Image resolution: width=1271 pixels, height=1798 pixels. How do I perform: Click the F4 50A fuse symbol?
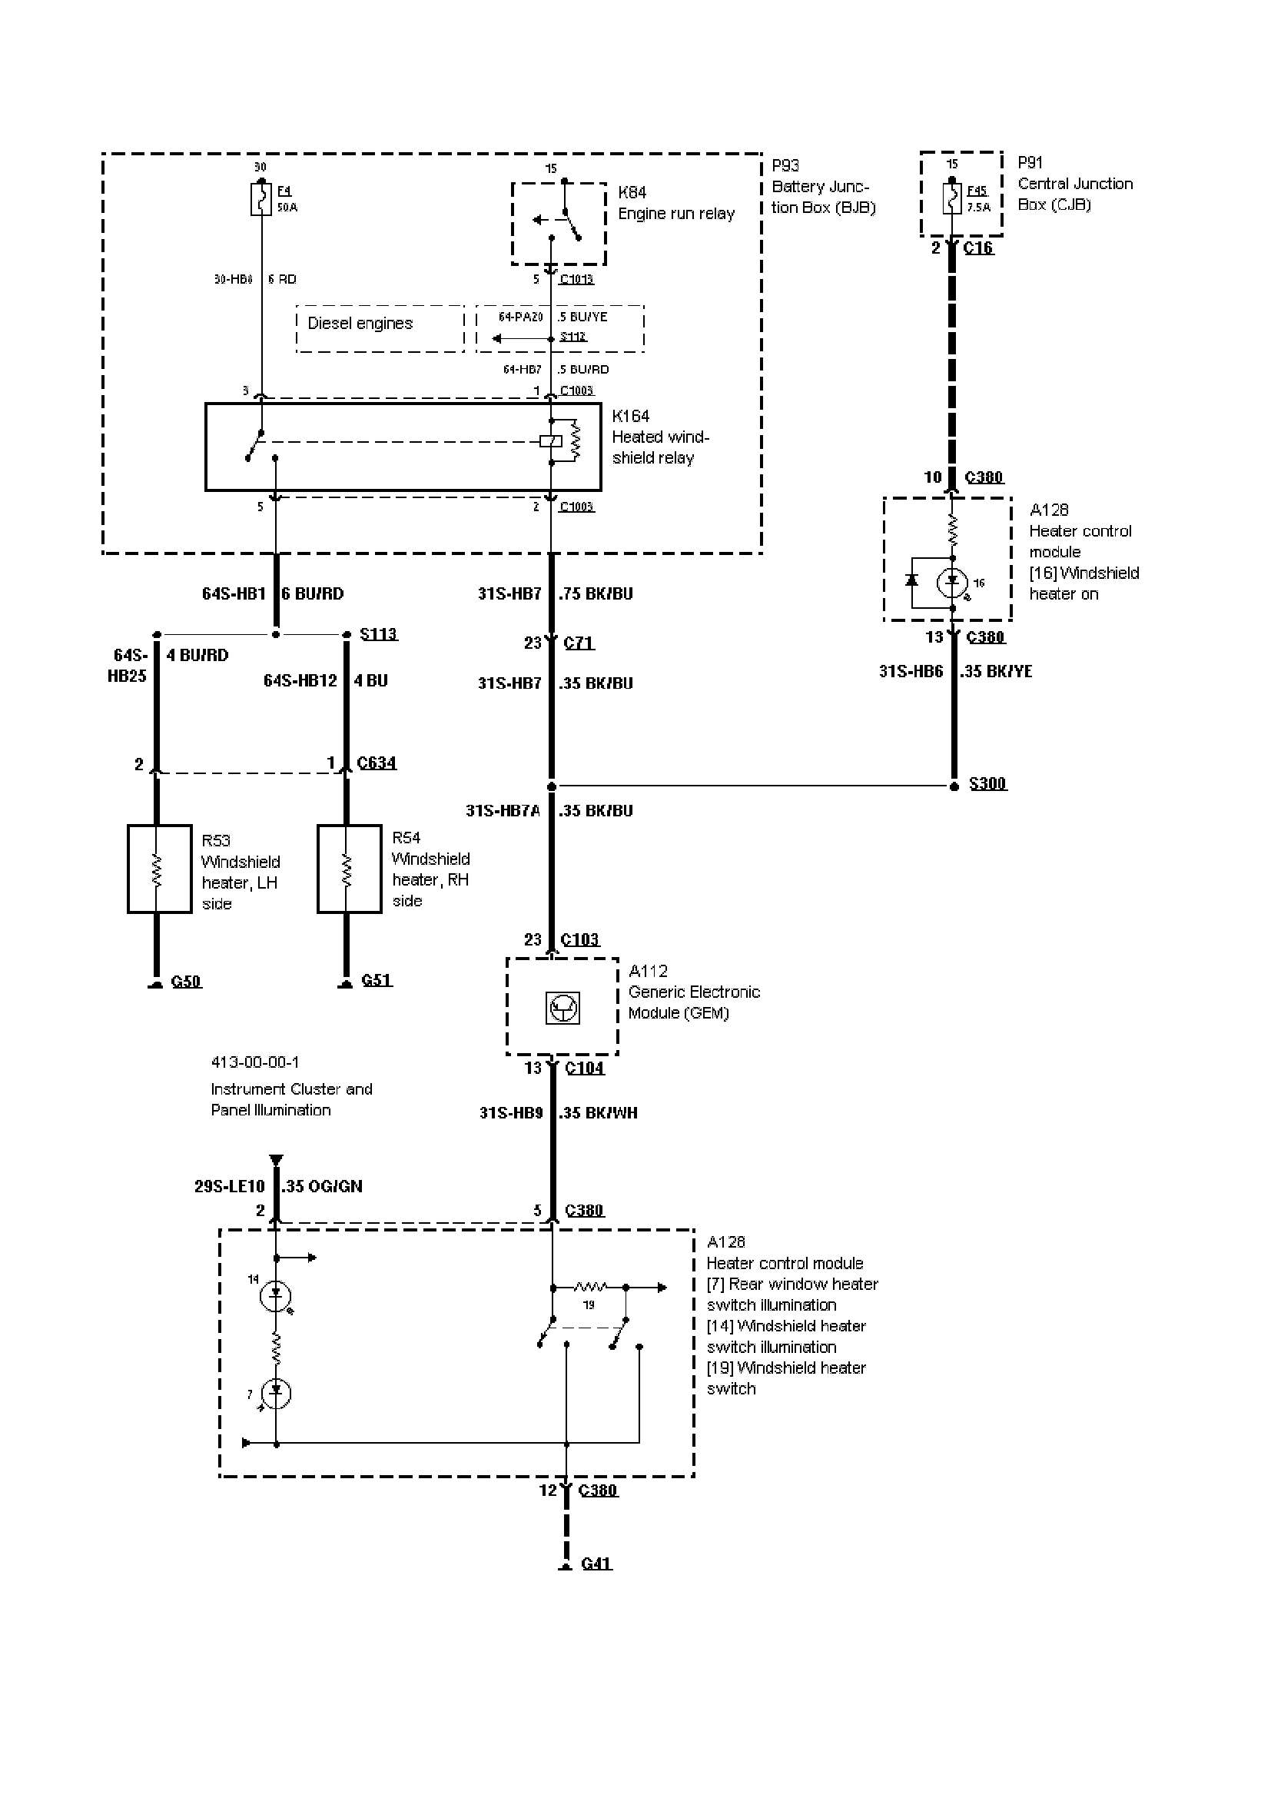pyautogui.click(x=261, y=200)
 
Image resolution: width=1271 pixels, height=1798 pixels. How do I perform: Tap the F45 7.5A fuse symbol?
pyautogui.click(x=951, y=199)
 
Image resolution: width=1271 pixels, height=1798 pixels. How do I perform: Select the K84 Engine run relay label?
pyautogui.click(x=676, y=203)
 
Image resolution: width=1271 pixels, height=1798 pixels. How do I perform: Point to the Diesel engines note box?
pyautogui.click(x=380, y=329)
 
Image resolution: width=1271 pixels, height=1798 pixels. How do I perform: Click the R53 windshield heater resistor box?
pyautogui.click(x=159, y=869)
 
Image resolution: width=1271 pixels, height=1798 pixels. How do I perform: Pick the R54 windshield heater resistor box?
pyautogui.click(x=349, y=869)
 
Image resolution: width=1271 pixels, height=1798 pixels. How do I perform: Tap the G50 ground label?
pyautogui.click(x=186, y=981)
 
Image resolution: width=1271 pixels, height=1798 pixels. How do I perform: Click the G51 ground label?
pyautogui.click(x=377, y=979)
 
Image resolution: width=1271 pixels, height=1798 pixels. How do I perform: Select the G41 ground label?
pyautogui.click(x=596, y=1563)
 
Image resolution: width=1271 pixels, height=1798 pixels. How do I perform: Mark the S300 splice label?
pyautogui.click(x=987, y=783)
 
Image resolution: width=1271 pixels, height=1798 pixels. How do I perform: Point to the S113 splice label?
pyautogui.click(x=378, y=633)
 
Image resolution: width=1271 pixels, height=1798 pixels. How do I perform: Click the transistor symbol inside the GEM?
pyautogui.click(x=562, y=1008)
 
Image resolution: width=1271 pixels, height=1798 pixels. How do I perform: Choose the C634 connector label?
pyautogui.click(x=377, y=763)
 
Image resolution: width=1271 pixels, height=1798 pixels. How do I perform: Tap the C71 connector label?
pyautogui.click(x=579, y=643)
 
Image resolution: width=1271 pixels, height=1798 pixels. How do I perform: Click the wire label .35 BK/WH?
pyautogui.click(x=598, y=1113)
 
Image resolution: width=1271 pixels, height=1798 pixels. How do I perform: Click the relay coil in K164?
pyautogui.click(x=551, y=442)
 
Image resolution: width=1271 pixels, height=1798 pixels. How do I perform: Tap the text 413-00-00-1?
pyautogui.click(x=254, y=1062)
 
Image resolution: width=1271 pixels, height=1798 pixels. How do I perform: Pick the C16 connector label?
pyautogui.click(x=977, y=248)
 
